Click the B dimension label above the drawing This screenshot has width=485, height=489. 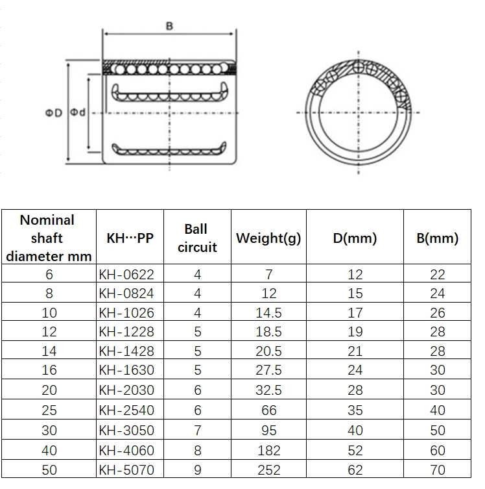point(169,26)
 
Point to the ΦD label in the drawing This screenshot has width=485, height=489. point(54,113)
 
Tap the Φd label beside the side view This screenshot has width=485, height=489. point(78,112)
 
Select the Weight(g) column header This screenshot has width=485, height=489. point(268,238)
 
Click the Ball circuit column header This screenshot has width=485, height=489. point(197,238)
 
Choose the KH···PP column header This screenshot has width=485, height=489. point(130,238)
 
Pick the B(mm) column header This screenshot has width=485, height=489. point(438,238)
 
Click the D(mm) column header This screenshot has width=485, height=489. point(355,238)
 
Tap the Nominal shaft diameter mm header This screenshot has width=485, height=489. point(49,238)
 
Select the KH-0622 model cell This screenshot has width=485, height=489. point(126,275)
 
